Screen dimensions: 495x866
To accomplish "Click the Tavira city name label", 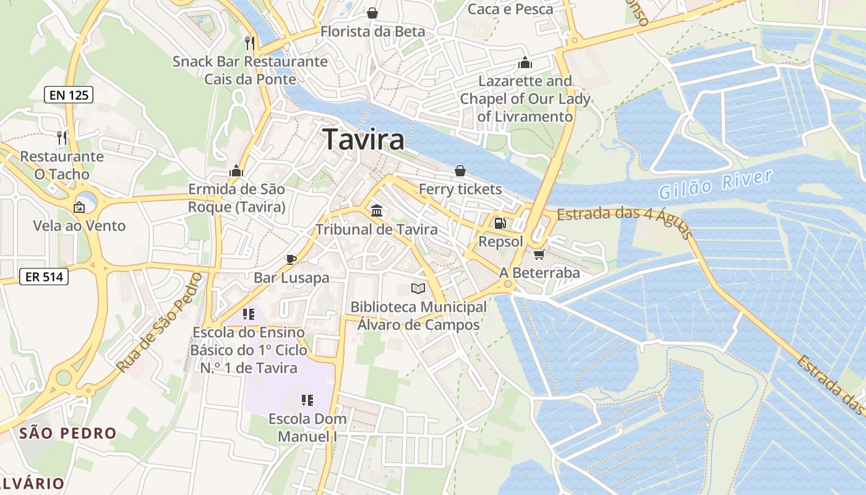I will (364, 139).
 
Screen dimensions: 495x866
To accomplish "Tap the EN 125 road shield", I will (69, 95).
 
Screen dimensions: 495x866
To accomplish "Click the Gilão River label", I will (715, 184).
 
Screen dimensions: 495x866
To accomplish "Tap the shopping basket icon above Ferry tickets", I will (460, 170).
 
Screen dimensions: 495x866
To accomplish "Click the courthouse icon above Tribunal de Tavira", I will (376, 211).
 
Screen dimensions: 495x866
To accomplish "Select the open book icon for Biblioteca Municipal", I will (418, 288).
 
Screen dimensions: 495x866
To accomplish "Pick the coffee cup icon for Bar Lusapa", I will (291, 259).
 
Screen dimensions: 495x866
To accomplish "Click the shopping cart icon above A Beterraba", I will (539, 254).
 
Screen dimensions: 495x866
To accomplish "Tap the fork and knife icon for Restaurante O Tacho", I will (61, 137).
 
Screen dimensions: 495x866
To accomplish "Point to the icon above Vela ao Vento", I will (79, 207).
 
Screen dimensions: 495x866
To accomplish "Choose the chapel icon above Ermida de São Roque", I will (236, 170).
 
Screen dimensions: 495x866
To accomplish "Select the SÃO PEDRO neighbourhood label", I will (68, 433).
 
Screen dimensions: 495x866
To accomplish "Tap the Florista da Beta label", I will (372, 31).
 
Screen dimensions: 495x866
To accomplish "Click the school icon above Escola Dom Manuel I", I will (307, 400).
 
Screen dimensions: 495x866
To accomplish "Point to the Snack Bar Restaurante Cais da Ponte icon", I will (249, 43).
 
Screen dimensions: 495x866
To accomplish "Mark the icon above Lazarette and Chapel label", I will (525, 62).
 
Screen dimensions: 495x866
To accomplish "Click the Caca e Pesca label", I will (510, 9).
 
